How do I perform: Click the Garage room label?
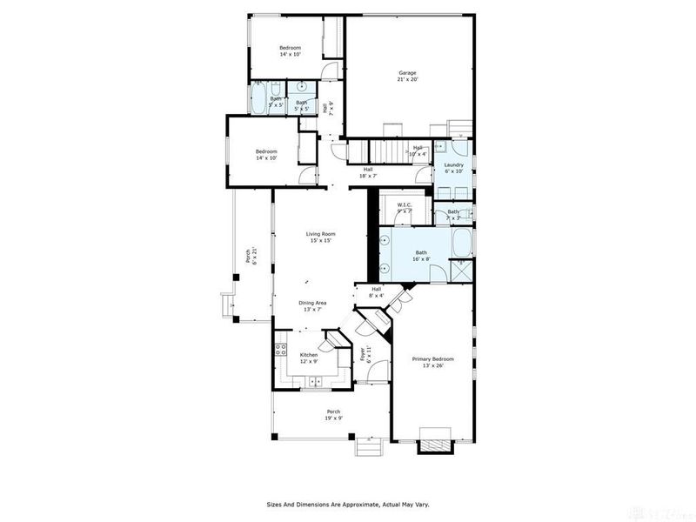[408, 72]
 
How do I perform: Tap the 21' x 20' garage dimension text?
[408, 79]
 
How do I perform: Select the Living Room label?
[320, 233]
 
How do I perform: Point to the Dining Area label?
[313, 303]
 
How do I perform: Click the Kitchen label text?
[309, 355]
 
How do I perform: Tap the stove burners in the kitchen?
[281, 351]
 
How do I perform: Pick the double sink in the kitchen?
[314, 381]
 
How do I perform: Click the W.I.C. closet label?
[404, 205]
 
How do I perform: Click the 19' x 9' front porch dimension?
[333, 418]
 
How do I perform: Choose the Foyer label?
[362, 354]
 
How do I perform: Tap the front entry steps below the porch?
[369, 446]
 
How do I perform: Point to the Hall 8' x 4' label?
[377, 291]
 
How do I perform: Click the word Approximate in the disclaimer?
[346, 504]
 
